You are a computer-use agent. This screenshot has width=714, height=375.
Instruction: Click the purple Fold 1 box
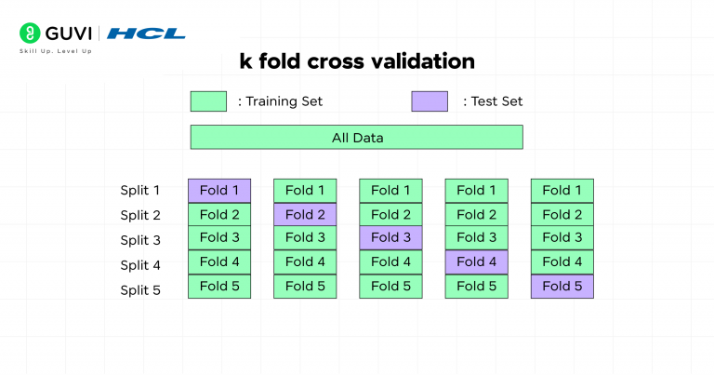219,191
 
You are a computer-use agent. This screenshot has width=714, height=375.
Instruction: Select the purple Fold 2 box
305,215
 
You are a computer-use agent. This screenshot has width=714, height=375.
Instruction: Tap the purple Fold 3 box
390,238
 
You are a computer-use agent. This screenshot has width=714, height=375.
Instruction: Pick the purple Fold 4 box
476,262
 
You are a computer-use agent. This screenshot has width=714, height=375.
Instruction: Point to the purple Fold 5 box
562,287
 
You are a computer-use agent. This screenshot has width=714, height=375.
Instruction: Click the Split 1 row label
140,191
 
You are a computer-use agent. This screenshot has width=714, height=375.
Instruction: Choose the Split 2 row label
140,215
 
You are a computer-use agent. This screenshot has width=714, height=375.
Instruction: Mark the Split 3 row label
140,240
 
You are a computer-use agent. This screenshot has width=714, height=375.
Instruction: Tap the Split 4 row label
140,264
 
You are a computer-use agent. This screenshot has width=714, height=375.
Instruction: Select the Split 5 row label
140,289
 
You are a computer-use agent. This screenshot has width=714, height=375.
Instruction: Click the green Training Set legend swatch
208,101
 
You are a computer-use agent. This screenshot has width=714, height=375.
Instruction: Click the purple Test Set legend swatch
430,101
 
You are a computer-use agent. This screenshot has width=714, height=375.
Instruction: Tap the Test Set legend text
493,101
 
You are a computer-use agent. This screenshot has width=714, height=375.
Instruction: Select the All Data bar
357,138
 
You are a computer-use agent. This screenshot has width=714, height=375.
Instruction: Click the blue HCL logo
146,33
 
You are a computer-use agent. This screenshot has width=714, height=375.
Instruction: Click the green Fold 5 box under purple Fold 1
219,287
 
